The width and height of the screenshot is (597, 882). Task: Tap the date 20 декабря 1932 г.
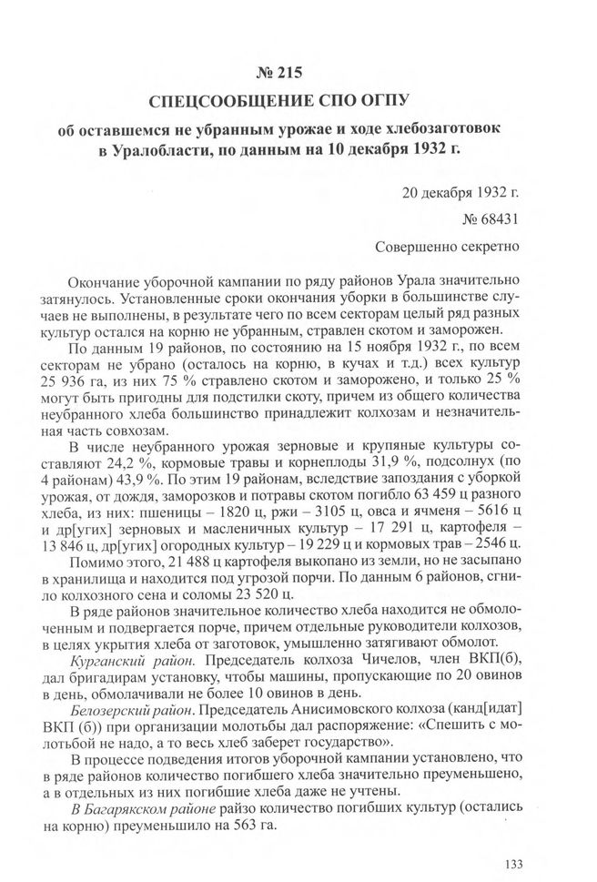459,193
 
